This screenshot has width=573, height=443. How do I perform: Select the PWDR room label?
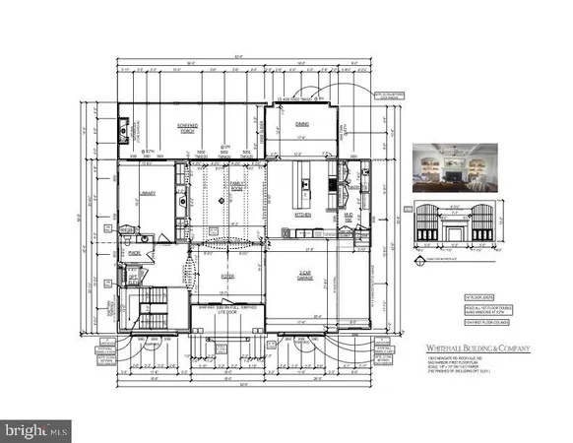[134, 254]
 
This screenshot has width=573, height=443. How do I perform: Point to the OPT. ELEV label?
[134, 279]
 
